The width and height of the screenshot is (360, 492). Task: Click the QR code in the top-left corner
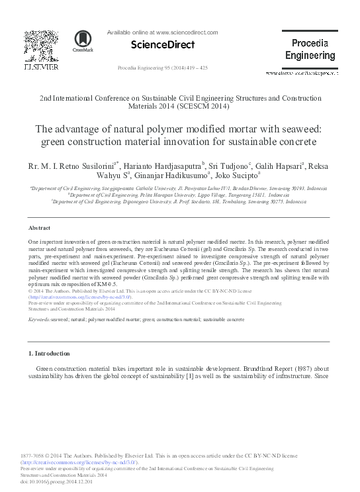(41, 45)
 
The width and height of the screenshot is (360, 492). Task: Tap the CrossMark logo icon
(83, 42)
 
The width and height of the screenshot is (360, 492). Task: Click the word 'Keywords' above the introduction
(40, 320)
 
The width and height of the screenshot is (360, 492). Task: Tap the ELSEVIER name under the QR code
(41, 68)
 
